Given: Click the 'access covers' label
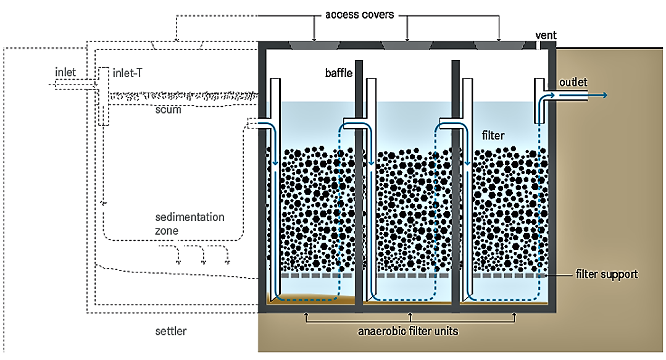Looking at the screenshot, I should click(360, 14).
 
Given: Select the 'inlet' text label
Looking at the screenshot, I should click(65, 72).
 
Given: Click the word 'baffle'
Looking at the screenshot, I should click(338, 73).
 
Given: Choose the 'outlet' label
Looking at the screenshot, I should click(573, 82).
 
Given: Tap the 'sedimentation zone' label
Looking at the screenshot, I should click(189, 224).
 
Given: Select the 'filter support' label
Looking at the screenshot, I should click(606, 274).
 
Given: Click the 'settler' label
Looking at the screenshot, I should click(170, 332).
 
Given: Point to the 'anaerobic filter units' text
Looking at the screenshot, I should click(409, 331).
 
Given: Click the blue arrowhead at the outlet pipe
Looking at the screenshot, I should click(604, 95).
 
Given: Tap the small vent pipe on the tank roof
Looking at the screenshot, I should click(538, 44).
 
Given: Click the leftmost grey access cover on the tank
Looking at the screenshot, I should click(314, 44).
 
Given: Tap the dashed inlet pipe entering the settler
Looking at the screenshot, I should click(74, 85).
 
